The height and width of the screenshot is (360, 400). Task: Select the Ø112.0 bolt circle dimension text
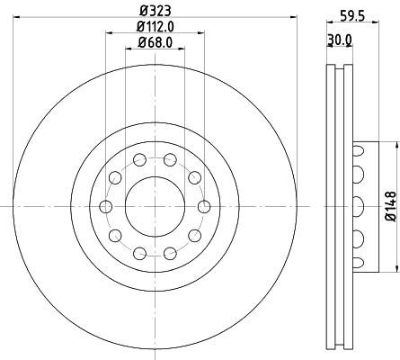155,27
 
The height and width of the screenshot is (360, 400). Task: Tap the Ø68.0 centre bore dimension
155,42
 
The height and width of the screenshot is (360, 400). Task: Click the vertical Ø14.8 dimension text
389,205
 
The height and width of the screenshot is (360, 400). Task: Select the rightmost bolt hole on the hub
204,206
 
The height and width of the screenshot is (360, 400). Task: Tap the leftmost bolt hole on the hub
107,206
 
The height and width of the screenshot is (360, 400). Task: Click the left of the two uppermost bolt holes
140,160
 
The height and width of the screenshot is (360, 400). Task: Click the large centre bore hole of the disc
156,206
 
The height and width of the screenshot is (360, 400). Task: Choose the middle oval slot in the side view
360,206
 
